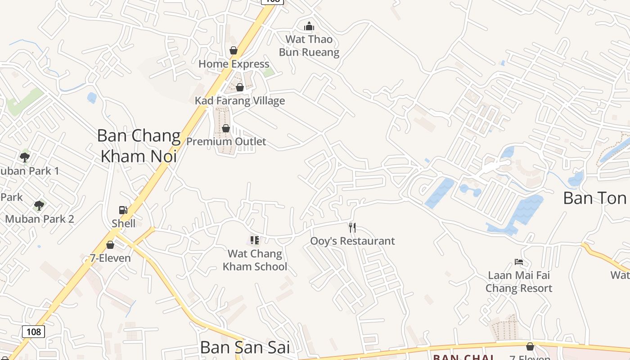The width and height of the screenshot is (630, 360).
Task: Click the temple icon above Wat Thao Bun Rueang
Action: click(x=309, y=27)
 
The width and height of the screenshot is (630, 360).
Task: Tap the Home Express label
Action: click(x=234, y=64)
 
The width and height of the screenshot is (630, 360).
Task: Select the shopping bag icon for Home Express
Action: click(x=234, y=50)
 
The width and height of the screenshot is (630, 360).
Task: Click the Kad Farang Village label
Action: click(x=240, y=100)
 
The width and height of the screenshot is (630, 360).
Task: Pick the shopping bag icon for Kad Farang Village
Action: click(x=240, y=87)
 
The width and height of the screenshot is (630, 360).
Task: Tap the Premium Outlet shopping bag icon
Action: click(x=226, y=129)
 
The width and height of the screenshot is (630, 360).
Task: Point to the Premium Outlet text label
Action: click(x=226, y=142)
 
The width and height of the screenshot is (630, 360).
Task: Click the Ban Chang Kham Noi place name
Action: click(x=139, y=146)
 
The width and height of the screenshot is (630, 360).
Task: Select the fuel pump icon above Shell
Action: click(x=123, y=210)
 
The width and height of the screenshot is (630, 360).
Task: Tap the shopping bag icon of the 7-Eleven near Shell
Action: click(x=110, y=245)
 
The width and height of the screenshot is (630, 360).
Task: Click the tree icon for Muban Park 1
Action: click(x=25, y=157)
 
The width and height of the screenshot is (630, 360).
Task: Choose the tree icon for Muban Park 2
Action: click(x=39, y=206)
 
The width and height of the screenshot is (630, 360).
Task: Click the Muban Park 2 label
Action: click(x=40, y=219)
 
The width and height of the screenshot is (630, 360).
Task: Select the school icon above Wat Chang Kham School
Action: click(x=255, y=240)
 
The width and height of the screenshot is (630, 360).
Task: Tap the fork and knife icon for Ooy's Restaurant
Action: click(x=352, y=228)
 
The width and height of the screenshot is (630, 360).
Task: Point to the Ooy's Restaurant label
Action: click(x=352, y=241)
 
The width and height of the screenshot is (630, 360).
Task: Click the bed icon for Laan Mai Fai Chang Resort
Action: click(x=519, y=262)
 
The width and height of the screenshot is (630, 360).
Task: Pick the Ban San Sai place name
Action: click(x=245, y=347)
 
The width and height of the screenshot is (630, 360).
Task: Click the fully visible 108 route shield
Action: click(x=33, y=332)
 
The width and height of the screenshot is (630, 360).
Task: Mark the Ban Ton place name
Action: click(x=595, y=198)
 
